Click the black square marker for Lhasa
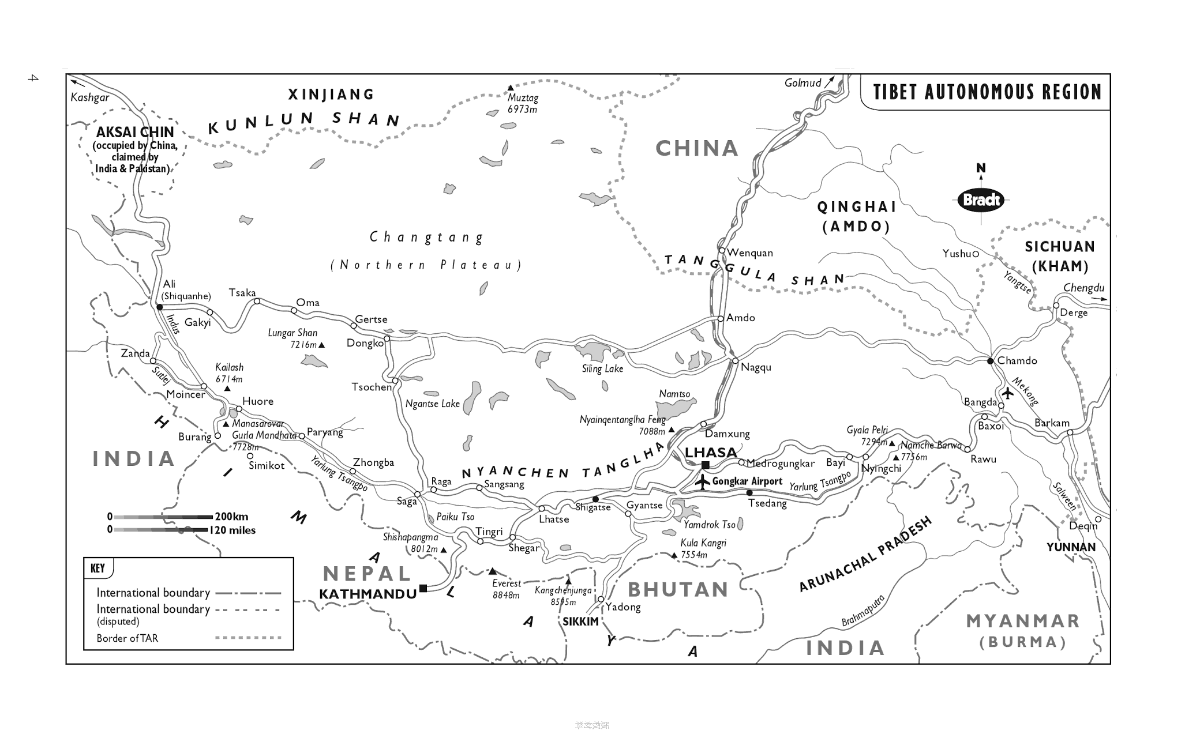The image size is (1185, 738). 705,465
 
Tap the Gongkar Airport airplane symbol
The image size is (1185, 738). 702,481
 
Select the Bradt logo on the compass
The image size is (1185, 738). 981,200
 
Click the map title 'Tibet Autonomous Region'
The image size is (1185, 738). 987,92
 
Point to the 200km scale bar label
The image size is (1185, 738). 231,517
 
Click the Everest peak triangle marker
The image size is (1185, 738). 492,571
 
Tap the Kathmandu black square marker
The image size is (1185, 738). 423,588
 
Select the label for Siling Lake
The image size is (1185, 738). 602,369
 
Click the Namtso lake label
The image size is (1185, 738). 674,394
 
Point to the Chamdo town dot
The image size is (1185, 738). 990,361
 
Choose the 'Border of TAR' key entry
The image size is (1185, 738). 127,638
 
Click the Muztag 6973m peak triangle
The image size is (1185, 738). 511,88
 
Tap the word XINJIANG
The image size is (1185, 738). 331,95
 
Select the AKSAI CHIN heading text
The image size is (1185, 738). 135,132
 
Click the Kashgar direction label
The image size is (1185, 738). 89,97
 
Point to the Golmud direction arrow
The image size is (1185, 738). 829,81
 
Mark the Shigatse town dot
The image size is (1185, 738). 595,499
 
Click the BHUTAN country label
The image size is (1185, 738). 678,590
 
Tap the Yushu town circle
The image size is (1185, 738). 976,254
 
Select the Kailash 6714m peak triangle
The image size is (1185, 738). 227,389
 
